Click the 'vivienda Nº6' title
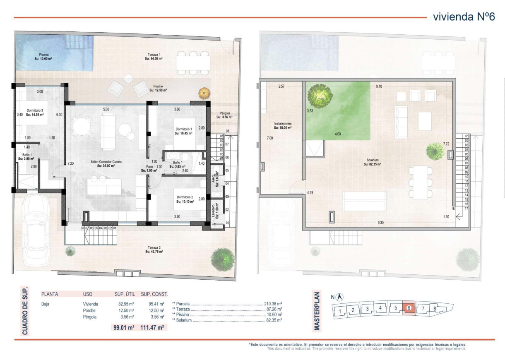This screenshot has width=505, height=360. click(x=464, y=17)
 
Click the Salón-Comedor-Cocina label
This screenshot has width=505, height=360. click(x=106, y=163)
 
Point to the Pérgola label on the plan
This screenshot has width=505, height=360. click(x=224, y=115)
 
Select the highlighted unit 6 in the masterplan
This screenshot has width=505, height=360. click(x=409, y=308)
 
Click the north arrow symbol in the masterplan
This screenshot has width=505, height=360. click(x=340, y=297)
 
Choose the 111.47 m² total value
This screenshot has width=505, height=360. click(x=154, y=327)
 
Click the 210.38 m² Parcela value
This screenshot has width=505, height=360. click(x=273, y=303)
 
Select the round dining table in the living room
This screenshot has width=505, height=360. click(x=81, y=125)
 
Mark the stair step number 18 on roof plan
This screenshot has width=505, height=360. click(x=453, y=209)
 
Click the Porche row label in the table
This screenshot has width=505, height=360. click(x=89, y=310)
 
